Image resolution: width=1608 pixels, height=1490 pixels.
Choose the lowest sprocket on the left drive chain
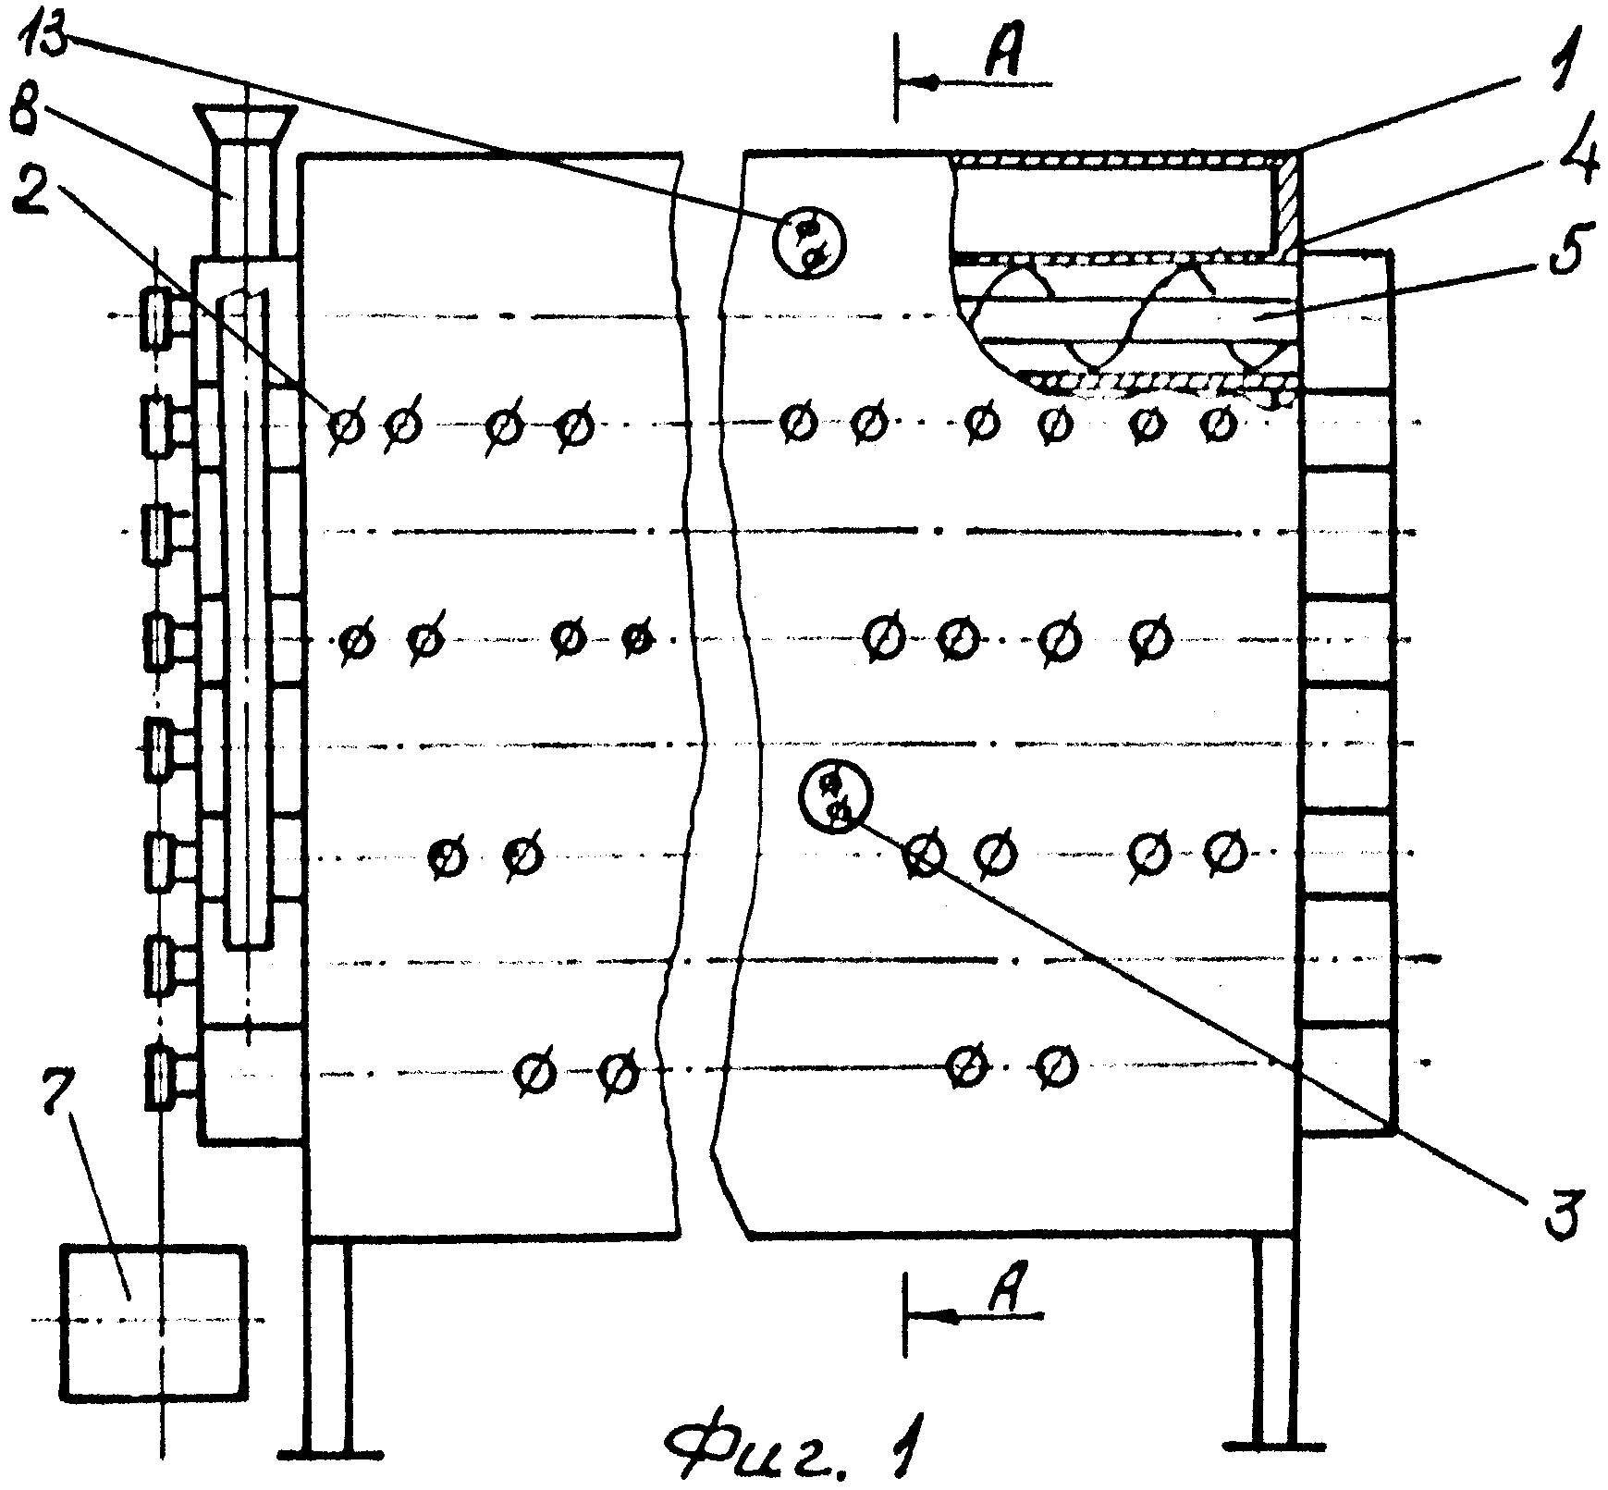[159, 1077]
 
